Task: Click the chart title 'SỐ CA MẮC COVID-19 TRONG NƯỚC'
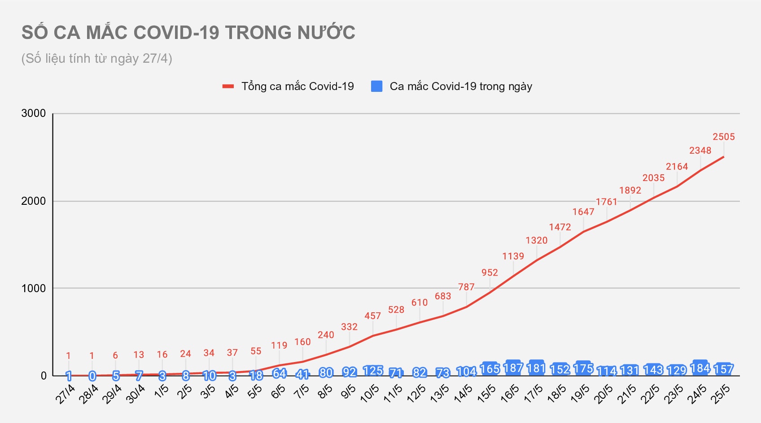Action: [x=188, y=33]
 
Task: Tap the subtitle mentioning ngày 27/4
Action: [x=97, y=59]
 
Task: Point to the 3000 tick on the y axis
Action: [x=34, y=113]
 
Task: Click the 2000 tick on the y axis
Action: [x=34, y=201]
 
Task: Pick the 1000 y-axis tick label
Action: [x=34, y=289]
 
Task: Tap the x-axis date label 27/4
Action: [x=66, y=394]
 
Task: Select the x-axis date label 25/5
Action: [x=721, y=394]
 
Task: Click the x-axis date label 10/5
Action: [x=370, y=394]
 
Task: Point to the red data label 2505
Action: [x=724, y=137]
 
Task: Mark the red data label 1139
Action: [x=513, y=256]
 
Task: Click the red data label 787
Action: [x=466, y=287]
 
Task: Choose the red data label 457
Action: [x=372, y=316]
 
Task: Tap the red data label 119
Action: [x=279, y=345]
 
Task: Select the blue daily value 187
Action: [x=513, y=368]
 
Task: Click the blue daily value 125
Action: [x=372, y=371]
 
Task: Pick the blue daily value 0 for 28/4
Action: [x=92, y=376]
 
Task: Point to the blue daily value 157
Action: [x=723, y=369]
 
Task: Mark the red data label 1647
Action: [x=583, y=211]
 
